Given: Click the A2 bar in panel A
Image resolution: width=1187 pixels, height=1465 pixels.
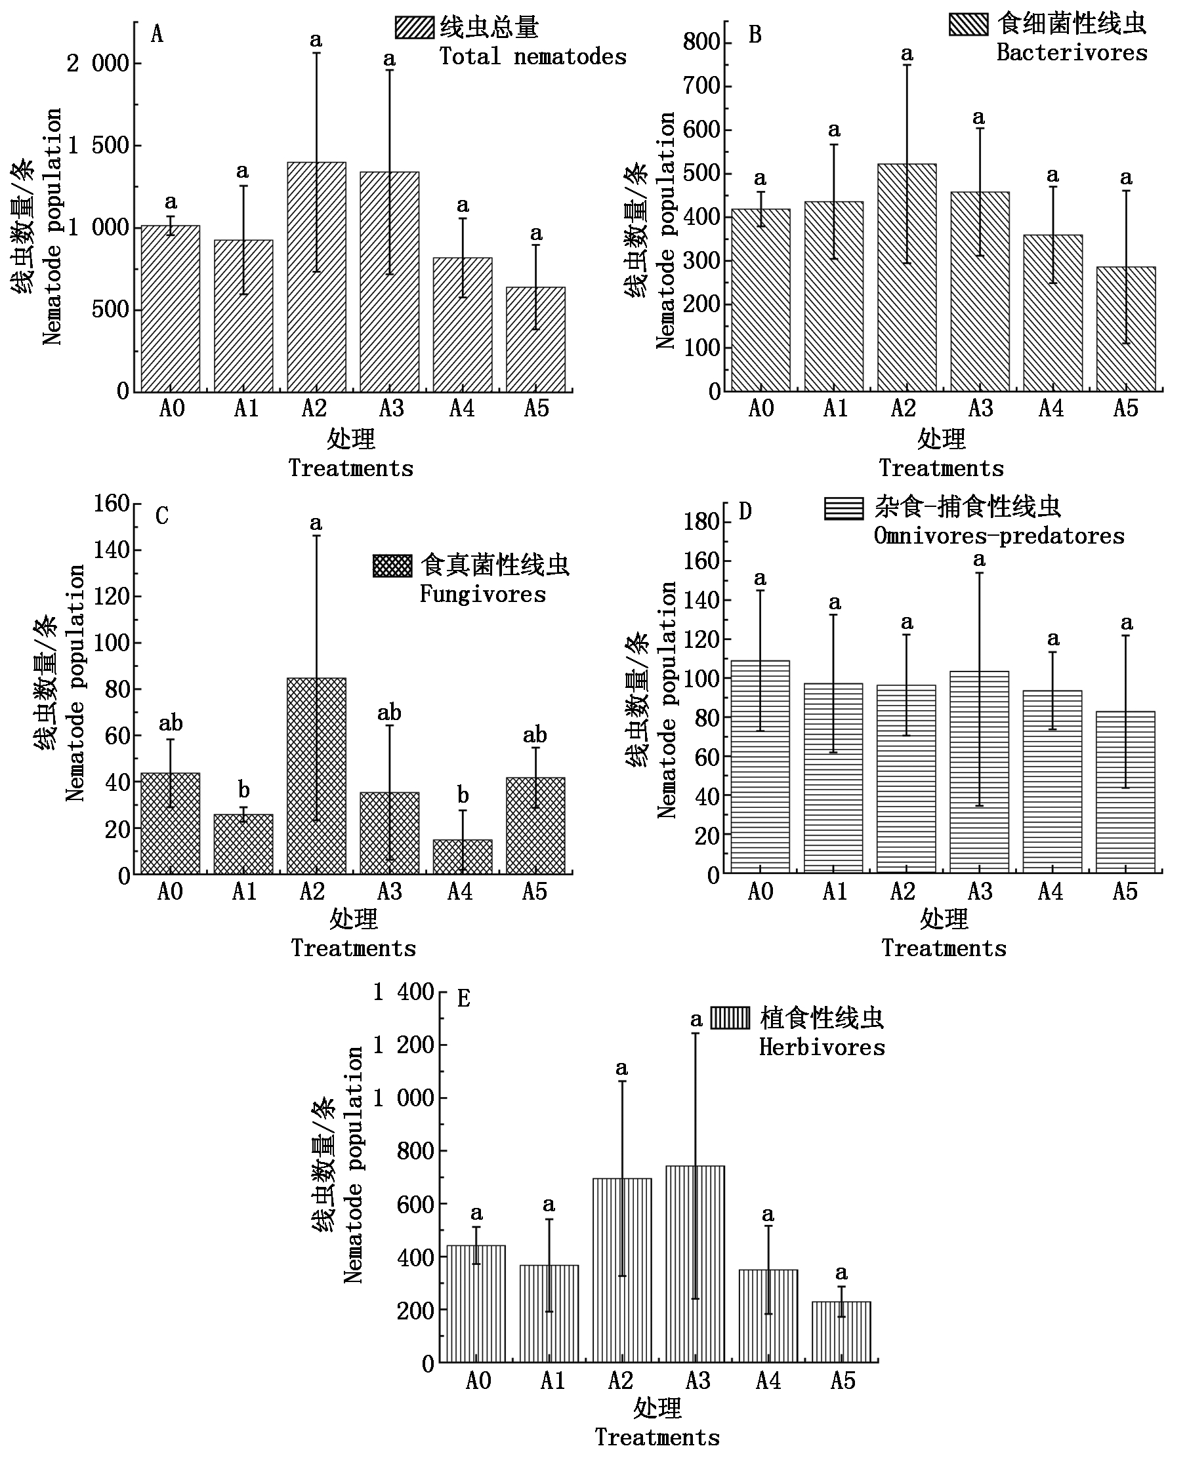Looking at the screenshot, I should click(316, 277).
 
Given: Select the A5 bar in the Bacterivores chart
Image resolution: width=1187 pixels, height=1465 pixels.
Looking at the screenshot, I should click(1125, 329).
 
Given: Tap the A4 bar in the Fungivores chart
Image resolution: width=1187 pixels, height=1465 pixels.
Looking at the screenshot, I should click(462, 856).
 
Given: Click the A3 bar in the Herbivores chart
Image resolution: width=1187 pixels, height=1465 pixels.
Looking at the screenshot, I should click(695, 1264).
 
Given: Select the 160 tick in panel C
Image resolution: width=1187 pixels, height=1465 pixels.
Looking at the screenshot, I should click(112, 504).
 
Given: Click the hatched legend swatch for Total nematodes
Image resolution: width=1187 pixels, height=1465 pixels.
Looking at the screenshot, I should click(414, 28).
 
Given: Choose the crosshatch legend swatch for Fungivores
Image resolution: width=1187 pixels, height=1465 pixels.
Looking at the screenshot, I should click(392, 566).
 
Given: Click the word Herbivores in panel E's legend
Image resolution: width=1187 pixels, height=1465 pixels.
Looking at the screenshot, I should click(822, 1047).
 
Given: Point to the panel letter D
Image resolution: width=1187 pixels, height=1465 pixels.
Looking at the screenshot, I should click(745, 511).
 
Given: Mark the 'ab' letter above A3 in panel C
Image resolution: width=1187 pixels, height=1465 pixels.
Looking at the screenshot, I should click(390, 713).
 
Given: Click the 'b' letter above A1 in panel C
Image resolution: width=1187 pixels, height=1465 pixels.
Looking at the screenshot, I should click(243, 790).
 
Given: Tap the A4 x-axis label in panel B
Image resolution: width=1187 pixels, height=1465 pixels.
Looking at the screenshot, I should click(1051, 409).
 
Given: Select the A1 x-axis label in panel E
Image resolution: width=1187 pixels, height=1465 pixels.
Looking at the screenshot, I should click(552, 1381).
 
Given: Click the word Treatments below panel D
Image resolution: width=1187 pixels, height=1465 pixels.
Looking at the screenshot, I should click(944, 948).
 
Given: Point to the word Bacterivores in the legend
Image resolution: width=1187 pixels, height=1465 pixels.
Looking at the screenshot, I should click(1072, 52).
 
